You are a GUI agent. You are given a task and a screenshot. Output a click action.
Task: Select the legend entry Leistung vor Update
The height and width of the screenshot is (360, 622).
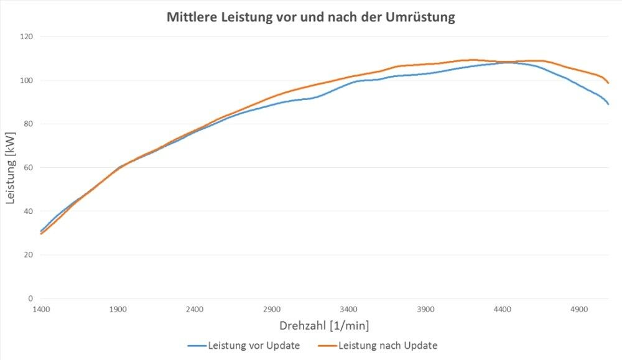(x=254, y=345)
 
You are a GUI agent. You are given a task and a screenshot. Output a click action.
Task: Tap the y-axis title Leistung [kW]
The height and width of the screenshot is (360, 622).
(x=10, y=167)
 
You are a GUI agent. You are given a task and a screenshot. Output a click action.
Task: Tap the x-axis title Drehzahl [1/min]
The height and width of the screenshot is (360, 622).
(x=324, y=326)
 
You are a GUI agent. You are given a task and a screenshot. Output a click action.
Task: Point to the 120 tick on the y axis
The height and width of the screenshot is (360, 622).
(x=26, y=37)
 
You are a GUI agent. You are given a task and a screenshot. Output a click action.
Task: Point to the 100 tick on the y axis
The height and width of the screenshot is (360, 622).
(x=26, y=80)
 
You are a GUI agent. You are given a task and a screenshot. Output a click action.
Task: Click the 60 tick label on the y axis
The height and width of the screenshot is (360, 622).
(x=27, y=167)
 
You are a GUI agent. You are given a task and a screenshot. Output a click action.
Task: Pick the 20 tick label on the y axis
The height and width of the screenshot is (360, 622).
(x=27, y=255)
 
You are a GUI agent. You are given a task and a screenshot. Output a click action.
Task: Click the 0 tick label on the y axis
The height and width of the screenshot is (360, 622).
(x=30, y=298)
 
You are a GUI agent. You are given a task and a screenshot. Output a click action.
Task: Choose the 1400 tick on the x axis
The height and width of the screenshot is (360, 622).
(x=41, y=309)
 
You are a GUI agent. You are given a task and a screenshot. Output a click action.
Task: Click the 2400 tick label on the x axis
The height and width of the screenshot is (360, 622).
(x=195, y=309)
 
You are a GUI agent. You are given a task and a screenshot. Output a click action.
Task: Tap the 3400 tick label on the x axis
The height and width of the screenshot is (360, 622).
(x=349, y=309)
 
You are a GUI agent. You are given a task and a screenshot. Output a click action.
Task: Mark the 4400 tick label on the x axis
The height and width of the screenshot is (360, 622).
(x=503, y=309)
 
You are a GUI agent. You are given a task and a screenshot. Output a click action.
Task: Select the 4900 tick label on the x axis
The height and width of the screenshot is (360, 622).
(x=579, y=309)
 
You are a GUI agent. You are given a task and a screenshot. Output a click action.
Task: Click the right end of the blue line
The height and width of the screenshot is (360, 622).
(x=608, y=104)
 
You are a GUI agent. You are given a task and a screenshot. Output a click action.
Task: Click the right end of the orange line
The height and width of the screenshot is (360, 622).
(x=608, y=83)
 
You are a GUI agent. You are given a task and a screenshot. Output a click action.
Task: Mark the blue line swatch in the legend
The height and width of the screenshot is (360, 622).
(x=196, y=346)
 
